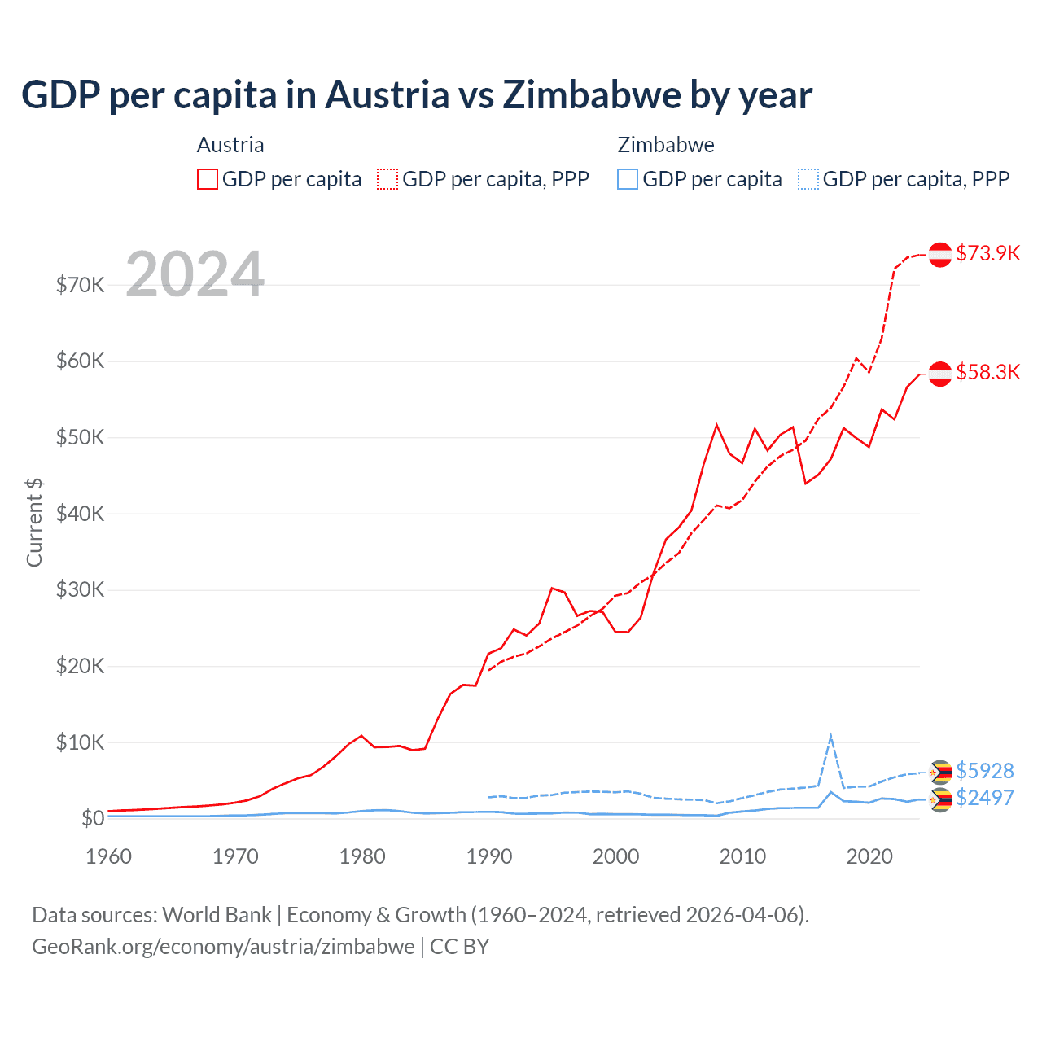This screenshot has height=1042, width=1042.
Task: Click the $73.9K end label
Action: coord(987,253)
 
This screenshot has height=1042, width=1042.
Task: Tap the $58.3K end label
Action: coord(987,372)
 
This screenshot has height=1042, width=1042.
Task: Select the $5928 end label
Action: coord(984,770)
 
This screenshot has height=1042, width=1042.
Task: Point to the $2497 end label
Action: coord(984,797)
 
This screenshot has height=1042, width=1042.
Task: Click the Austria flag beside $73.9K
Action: coord(940,254)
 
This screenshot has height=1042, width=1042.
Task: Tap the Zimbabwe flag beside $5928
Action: coord(940,772)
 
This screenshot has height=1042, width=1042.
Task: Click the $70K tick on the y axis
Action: coord(80,285)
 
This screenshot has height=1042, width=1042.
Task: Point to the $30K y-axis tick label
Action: coord(80,589)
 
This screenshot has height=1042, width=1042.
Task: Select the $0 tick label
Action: coord(92,818)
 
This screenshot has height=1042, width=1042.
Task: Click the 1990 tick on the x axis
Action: coord(489,856)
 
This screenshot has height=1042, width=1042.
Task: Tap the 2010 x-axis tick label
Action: coord(742,856)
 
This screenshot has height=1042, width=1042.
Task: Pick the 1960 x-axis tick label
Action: coord(109,856)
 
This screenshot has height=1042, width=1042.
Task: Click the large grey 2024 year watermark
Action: coord(195,274)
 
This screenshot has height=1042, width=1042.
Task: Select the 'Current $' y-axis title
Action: coord(34,522)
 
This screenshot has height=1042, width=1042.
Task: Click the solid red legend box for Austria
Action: coord(207,179)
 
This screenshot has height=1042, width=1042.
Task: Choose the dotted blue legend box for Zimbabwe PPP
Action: coord(808,179)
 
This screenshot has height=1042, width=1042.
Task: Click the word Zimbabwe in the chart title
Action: coord(592,94)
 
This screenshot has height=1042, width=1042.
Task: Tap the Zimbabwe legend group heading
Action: coord(666,145)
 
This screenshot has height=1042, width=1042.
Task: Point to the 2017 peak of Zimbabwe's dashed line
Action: coord(830,737)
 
